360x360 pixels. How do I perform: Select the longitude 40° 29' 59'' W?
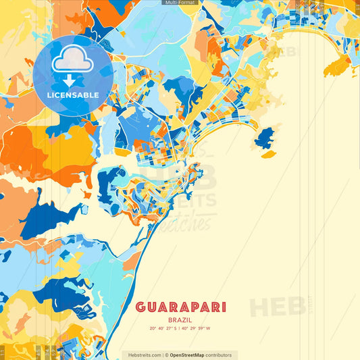coord(195,329)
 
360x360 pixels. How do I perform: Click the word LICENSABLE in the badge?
coord(73,95)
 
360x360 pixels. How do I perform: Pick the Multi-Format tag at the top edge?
coord(180,3)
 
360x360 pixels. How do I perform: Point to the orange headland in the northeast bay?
coord(338,65)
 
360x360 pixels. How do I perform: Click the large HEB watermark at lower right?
coord(277,307)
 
